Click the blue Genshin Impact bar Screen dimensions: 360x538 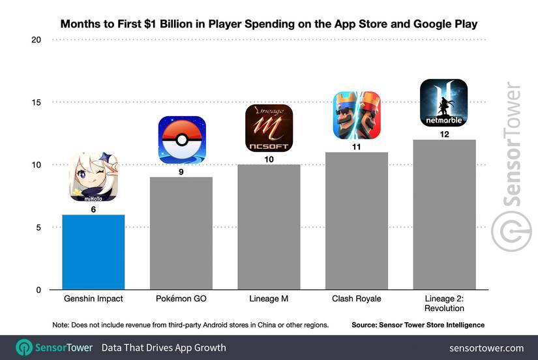pos(93,252)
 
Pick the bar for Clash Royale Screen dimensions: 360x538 pos(356,221)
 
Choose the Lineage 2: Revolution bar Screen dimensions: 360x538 pos(443,215)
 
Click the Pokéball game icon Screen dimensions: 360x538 pos(181,140)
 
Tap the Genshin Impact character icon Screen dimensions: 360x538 pos(93,177)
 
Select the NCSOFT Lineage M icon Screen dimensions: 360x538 pos(269,128)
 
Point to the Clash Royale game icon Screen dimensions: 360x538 pos(356,115)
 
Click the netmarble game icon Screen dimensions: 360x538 pos(443,103)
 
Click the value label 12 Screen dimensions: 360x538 pos(443,133)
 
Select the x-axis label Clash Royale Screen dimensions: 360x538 pos(356,299)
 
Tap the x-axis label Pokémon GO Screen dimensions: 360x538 pos(181,299)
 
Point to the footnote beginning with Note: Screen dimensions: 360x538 pos(190,324)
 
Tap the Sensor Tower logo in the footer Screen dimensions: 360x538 pos(55,348)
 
